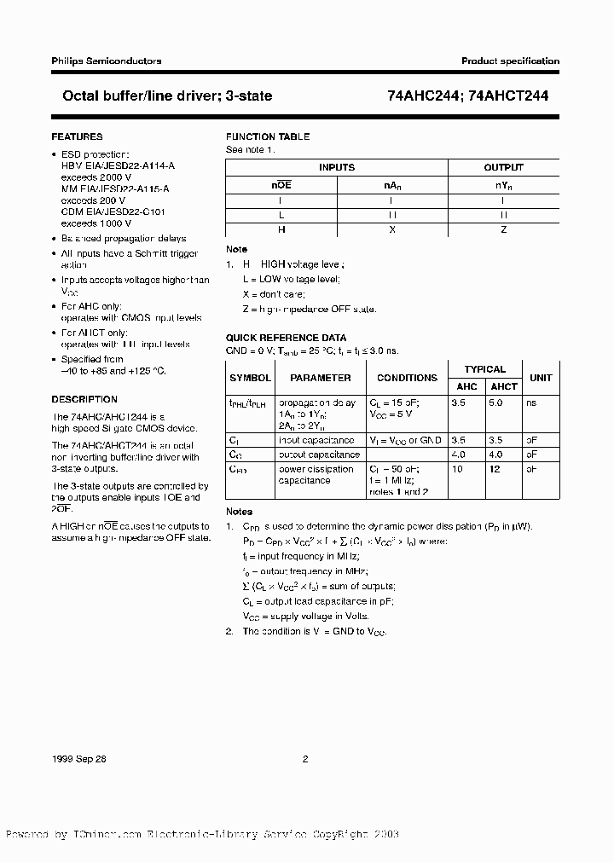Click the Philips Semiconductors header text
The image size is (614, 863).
click(x=107, y=61)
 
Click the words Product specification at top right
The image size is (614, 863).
click(x=510, y=61)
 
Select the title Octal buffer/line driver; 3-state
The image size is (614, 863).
click(x=162, y=96)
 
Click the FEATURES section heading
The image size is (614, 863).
click(x=77, y=136)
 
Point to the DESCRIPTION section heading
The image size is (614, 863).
click(x=84, y=399)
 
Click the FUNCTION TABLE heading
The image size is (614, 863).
click(x=267, y=136)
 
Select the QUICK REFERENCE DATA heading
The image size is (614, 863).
click(x=286, y=338)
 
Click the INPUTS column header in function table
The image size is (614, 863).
click(x=337, y=168)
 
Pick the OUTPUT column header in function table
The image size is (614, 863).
click(x=504, y=168)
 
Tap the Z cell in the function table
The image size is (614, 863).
click(x=504, y=229)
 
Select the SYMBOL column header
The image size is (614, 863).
click(x=250, y=378)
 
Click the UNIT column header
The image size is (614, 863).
click(x=541, y=378)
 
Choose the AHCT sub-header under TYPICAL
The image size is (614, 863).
click(x=504, y=386)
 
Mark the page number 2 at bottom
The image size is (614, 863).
click(x=305, y=758)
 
